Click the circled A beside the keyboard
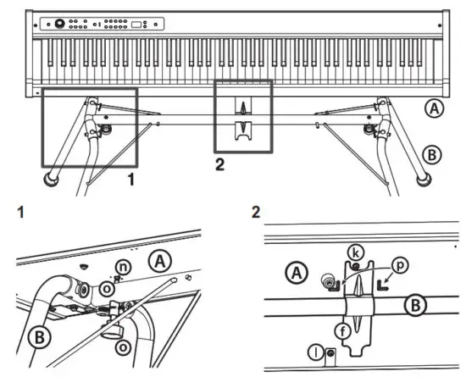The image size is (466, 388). (x=434, y=108)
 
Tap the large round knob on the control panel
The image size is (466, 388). (x=61, y=24)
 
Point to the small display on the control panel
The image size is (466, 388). (x=136, y=24)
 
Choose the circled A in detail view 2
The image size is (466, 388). (x=297, y=274)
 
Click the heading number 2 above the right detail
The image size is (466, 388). (x=256, y=208)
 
